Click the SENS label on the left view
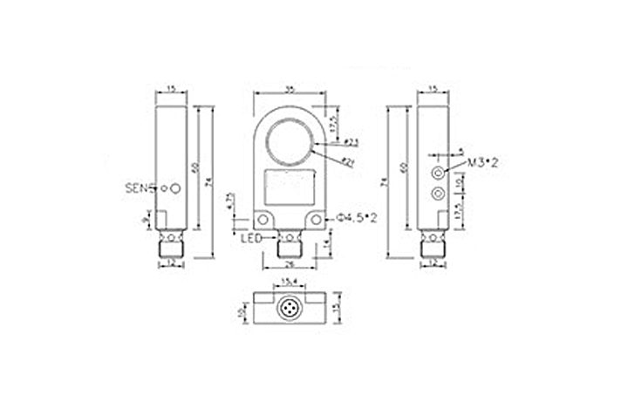pyautogui.click(x=140, y=187)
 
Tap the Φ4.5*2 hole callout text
pyautogui.click(x=358, y=219)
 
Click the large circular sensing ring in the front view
pyautogui.click(x=289, y=142)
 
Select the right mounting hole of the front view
pyautogui.click(x=317, y=220)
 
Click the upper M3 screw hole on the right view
pyautogui.click(x=439, y=172)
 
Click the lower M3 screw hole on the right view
pyautogui.click(x=439, y=192)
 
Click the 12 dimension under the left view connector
pyautogui.click(x=171, y=264)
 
